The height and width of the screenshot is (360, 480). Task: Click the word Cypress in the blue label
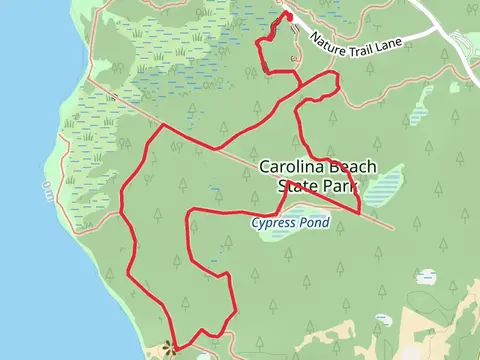point(273,223)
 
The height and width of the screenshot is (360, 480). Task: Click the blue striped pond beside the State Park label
point(385,186)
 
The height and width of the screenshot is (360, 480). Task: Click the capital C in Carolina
point(264,167)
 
